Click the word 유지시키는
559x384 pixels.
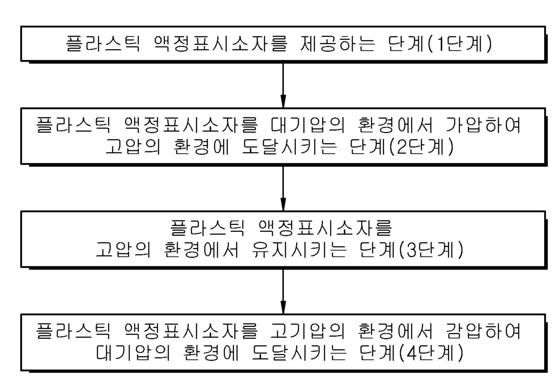(x=292, y=251)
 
